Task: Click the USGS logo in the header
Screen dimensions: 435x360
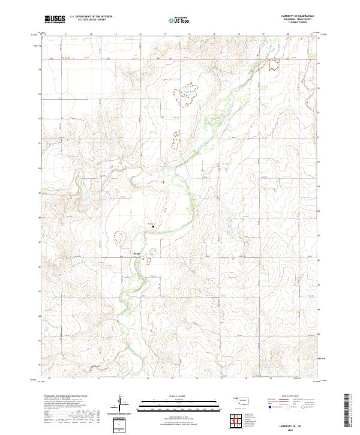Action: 55,19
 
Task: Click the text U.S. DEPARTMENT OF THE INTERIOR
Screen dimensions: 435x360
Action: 91,17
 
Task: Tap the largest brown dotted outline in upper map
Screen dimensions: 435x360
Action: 185,91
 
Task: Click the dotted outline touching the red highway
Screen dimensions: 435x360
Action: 275,64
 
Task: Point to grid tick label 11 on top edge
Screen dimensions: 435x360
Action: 65,35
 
